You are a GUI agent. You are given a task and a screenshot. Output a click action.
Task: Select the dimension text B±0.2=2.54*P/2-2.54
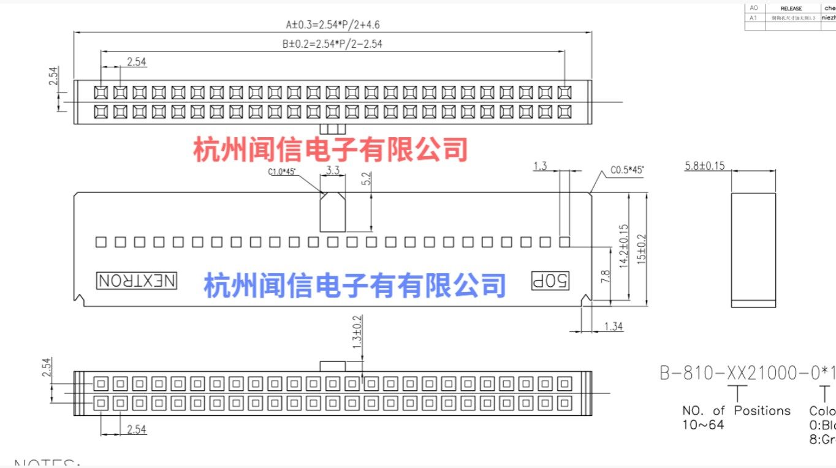332,43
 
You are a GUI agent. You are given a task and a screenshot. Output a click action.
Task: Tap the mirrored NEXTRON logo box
137,281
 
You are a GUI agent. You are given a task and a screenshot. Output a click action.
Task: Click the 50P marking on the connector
550,281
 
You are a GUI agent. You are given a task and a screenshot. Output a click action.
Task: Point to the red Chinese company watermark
331,149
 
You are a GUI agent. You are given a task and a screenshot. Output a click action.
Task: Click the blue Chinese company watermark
355,285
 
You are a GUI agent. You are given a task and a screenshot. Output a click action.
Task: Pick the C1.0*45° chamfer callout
281,172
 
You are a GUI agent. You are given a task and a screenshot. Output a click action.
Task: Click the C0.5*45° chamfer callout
627,170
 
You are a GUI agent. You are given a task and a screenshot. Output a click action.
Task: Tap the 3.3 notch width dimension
333,170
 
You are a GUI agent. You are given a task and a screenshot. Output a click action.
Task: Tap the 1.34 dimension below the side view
614,326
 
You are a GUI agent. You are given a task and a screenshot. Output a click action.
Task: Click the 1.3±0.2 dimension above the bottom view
357,332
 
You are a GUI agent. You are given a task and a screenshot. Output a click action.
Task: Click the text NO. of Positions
736,410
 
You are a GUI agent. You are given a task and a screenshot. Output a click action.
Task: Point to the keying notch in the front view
333,211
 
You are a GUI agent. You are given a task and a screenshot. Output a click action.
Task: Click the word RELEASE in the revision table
791,9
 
